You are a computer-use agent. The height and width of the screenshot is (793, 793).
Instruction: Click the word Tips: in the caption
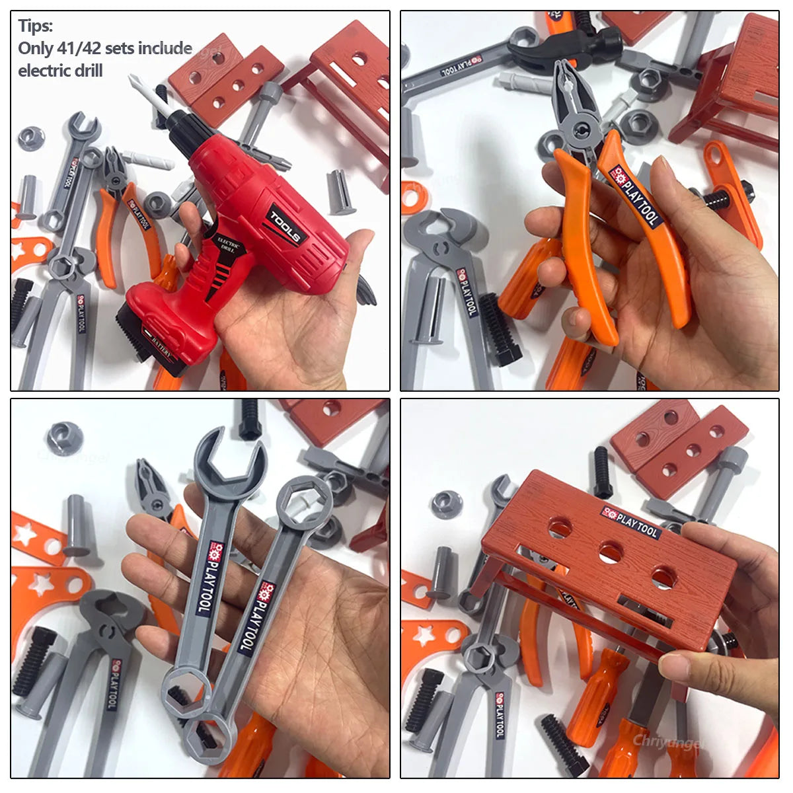tap(36, 26)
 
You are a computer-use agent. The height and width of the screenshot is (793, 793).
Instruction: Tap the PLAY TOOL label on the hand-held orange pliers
tap(635, 196)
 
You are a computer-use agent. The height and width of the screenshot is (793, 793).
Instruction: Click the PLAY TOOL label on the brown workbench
tap(630, 523)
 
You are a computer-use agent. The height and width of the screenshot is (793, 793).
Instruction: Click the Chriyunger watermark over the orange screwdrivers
tap(668, 741)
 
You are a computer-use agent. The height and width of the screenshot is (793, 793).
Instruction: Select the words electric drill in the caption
tap(60, 71)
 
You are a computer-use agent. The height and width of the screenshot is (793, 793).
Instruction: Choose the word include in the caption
tap(169, 48)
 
